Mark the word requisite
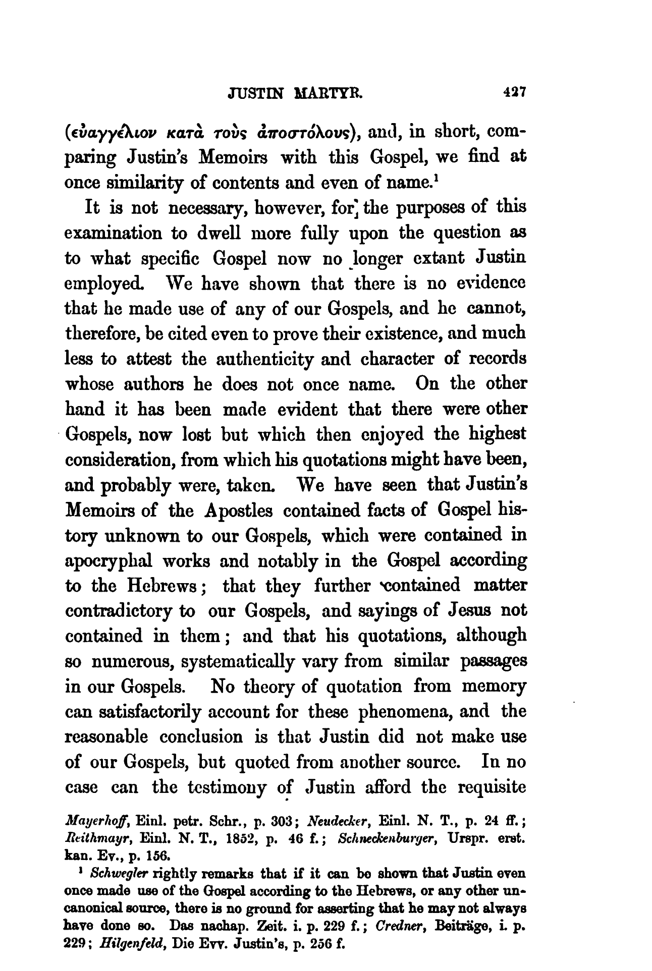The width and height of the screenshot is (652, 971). tap(488, 787)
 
